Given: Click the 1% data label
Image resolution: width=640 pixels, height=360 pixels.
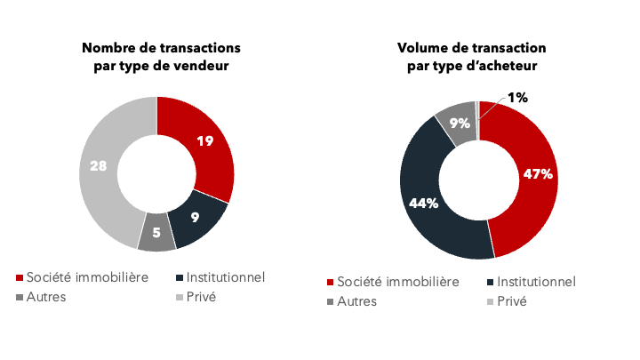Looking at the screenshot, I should coord(517,99).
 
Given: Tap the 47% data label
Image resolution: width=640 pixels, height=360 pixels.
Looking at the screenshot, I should coord(539,173).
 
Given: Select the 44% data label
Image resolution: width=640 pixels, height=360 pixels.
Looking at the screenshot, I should coord(423,203).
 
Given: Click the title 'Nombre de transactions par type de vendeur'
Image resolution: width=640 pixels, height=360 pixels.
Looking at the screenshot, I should coord(161,56).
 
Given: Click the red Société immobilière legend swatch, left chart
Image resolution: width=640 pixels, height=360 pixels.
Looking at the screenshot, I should coord(20,278).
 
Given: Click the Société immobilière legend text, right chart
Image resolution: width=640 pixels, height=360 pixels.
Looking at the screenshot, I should coord(399,282).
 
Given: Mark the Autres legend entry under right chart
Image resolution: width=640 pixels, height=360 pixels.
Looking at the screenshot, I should coord(356,301).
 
